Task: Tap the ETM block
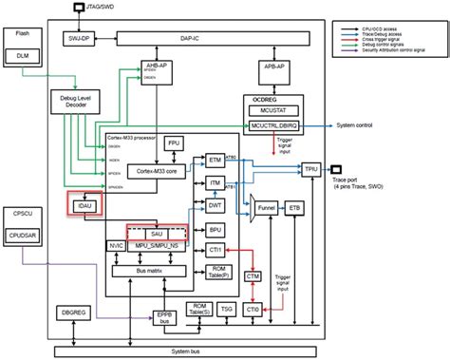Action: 216,161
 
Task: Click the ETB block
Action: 294,205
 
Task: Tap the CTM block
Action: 253,275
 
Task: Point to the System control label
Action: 356,125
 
